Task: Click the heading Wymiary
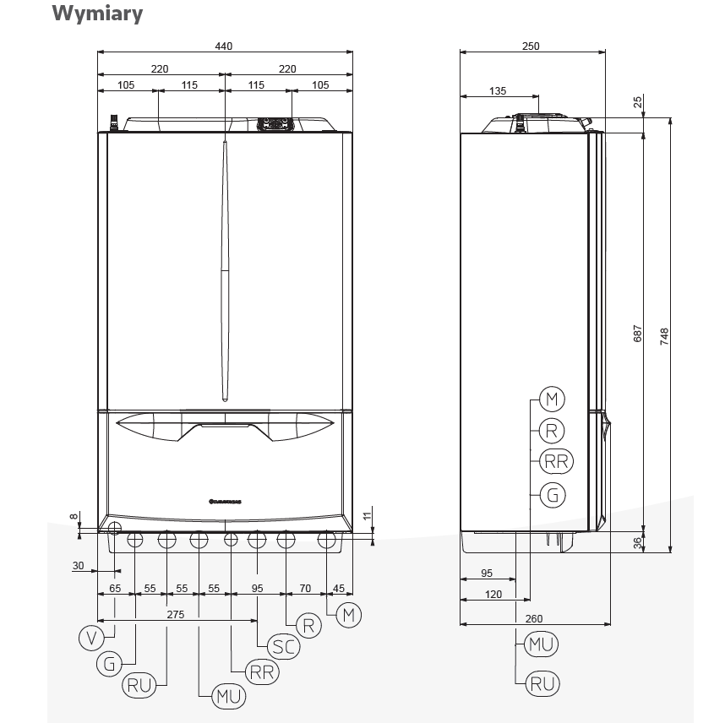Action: [x=97, y=14]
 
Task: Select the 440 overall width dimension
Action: [x=223, y=46]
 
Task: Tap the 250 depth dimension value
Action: [x=531, y=46]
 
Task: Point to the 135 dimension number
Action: [x=498, y=90]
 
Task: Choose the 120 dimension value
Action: [x=493, y=595]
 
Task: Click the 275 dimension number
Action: [x=175, y=615]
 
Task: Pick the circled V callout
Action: [x=91, y=638]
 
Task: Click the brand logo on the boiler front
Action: [x=224, y=499]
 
